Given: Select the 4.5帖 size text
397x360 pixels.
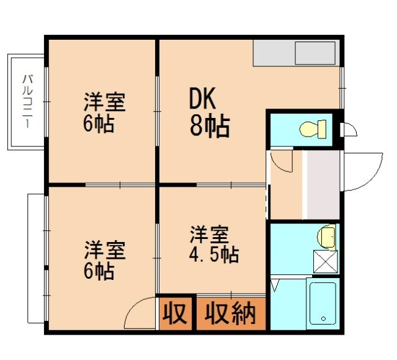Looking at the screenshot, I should pos(215,254).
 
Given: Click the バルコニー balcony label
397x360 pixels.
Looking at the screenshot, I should pos(27,102).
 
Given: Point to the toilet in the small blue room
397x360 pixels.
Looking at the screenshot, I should pos(310,130).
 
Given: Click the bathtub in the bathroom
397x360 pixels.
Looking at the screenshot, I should pos(323,303).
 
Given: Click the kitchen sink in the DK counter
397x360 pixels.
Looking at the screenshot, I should pos(314,53).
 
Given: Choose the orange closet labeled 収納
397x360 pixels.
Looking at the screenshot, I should pos(231,314).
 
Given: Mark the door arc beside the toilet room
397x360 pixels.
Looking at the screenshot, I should pos(349,130).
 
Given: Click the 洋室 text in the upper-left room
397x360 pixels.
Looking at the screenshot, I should pos(105,102).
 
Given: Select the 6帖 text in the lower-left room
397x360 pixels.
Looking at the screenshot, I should pos(99,271).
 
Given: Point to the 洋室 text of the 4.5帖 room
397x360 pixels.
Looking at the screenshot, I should pos(209,235).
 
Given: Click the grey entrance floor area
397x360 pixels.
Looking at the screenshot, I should pos(322,184).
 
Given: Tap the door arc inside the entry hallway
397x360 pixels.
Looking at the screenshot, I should pos(283,161).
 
